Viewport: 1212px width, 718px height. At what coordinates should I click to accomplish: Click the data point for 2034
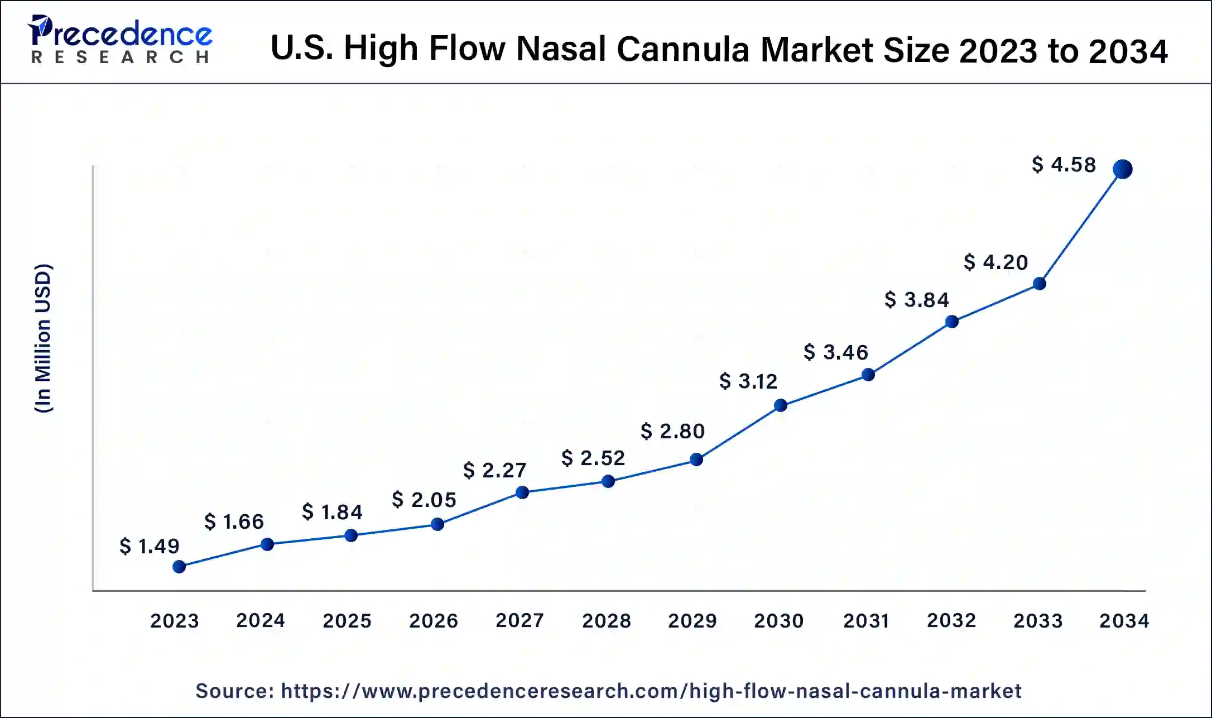click(1122, 169)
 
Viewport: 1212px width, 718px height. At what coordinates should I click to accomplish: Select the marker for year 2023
click(179, 567)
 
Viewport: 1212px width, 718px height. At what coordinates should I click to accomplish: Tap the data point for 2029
click(696, 459)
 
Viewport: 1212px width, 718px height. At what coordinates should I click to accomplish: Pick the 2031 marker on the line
click(868, 375)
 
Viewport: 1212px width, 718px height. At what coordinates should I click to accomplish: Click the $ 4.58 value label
click(1064, 165)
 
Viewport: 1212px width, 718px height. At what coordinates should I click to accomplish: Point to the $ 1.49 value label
click(150, 546)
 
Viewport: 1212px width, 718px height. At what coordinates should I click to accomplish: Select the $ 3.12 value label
click(748, 381)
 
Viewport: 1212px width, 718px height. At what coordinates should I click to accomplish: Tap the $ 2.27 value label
click(495, 470)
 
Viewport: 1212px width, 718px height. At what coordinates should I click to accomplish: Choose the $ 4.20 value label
click(996, 262)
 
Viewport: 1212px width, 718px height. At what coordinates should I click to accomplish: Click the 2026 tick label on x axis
click(434, 620)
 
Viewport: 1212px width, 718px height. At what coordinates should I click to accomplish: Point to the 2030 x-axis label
click(779, 620)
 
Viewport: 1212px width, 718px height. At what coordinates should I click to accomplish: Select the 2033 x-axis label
click(1038, 620)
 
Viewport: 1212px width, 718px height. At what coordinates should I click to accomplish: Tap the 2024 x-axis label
click(261, 620)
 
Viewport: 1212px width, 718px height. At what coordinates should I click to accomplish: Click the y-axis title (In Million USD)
click(44, 338)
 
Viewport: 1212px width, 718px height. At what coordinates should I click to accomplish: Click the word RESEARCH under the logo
click(120, 57)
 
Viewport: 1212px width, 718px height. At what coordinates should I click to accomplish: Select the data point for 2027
click(522, 492)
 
